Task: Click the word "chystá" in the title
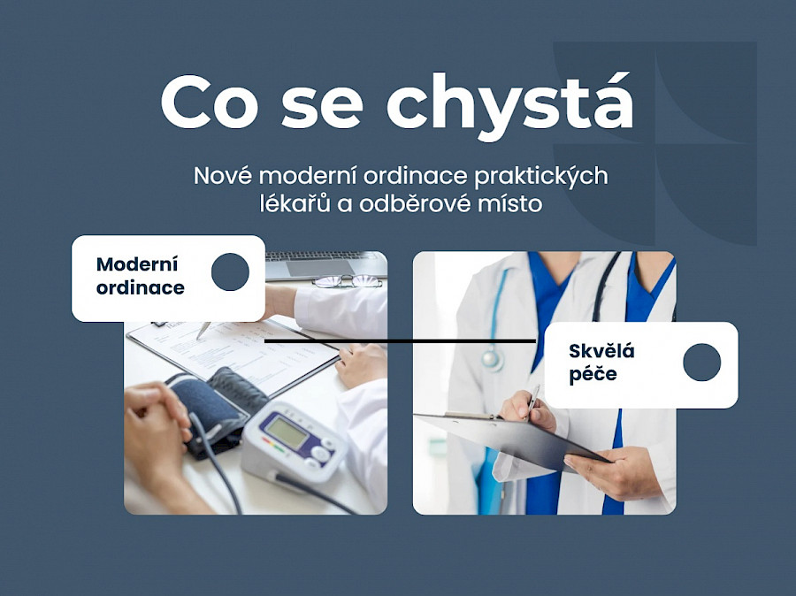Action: coord(510,104)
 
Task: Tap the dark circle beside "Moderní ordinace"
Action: coord(230,272)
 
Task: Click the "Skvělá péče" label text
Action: coord(602,363)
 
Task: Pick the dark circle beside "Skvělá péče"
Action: coord(701,363)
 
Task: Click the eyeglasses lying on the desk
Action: coord(347,282)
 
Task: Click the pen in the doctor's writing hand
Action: coord(532,400)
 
